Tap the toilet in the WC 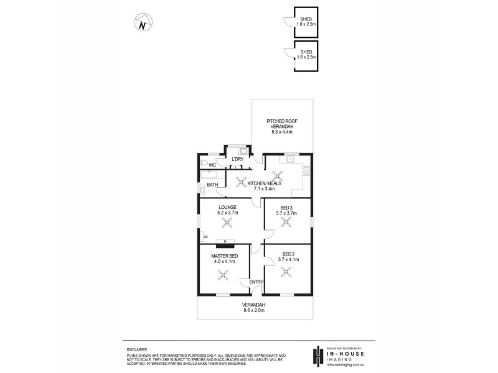204,165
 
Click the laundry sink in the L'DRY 243,151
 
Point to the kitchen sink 289,160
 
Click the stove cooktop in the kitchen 305,169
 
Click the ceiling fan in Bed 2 286,270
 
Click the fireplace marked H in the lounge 225,242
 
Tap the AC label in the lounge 205,237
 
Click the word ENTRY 256,282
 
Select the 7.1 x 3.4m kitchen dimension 265,189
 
